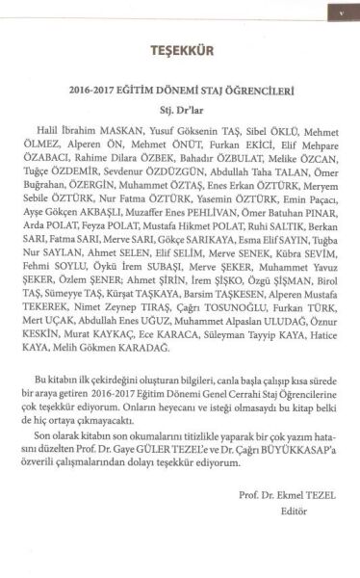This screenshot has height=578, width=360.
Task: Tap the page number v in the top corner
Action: [342, 13]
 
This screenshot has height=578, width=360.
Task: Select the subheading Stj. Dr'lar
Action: [181, 109]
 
